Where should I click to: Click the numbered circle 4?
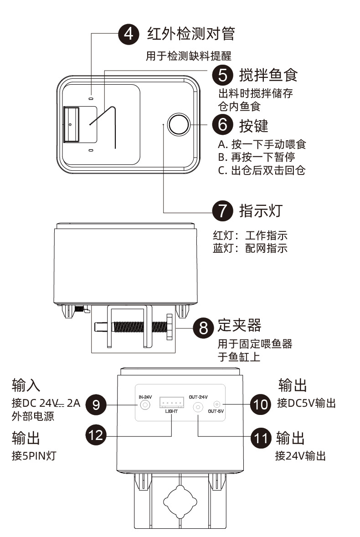(x=129, y=34)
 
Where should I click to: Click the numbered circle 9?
(x=97, y=404)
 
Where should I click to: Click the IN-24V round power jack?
(x=145, y=404)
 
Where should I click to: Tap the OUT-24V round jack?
(x=198, y=407)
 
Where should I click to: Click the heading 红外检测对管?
(x=191, y=33)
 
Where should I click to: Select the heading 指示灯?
(x=261, y=211)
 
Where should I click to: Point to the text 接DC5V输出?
(x=306, y=403)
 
